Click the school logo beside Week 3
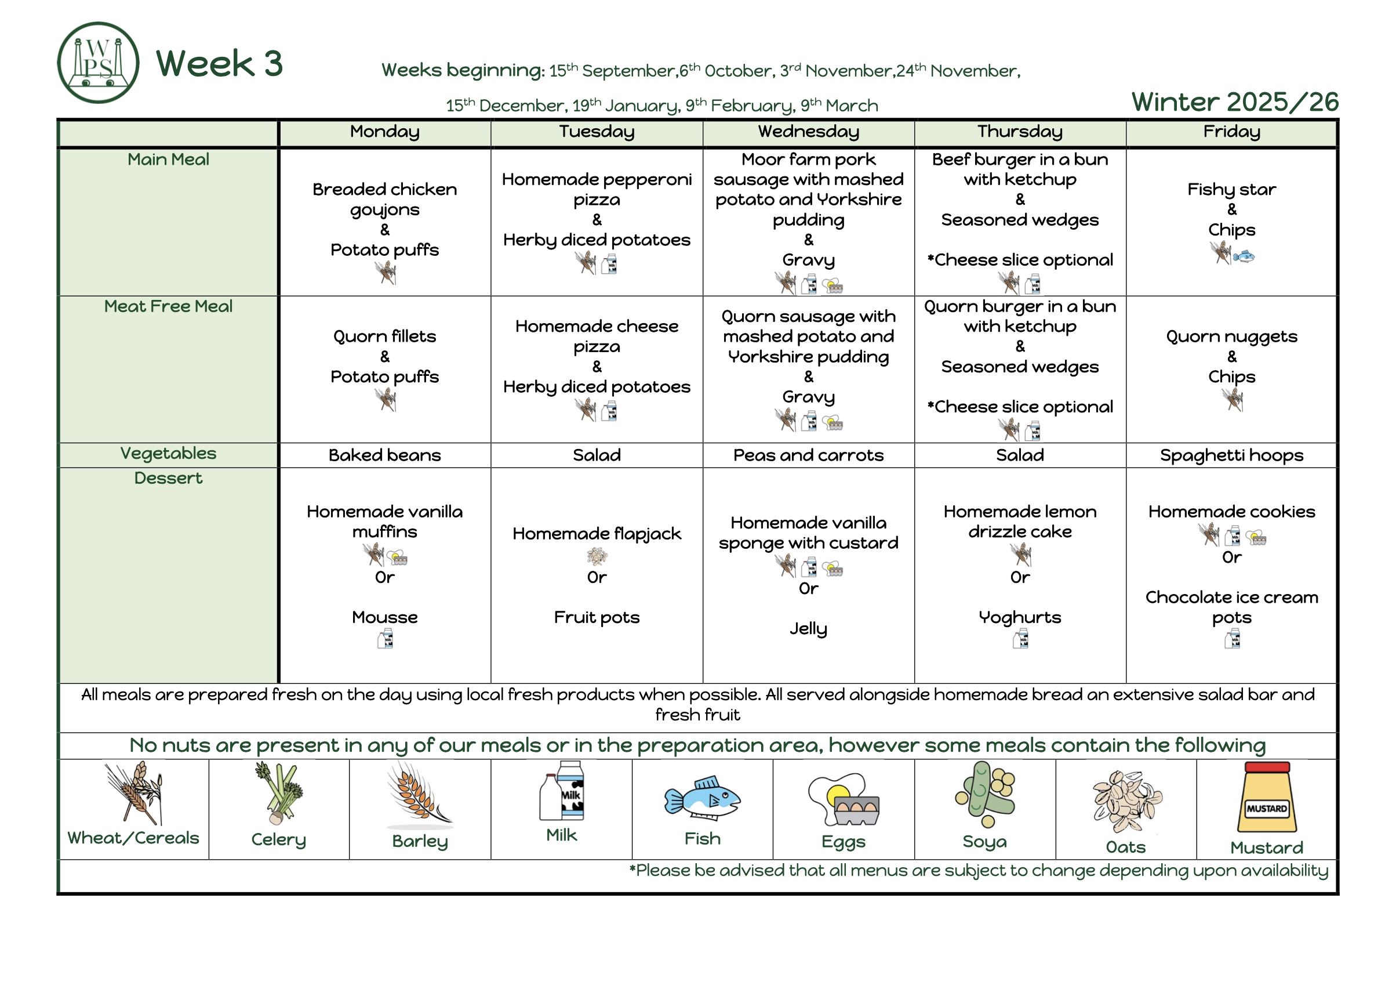98,63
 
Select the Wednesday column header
808,132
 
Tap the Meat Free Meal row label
169,306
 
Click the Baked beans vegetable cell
384,455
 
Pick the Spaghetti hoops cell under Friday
1231,455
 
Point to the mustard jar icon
1267,797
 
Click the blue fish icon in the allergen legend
702,798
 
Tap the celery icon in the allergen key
279,793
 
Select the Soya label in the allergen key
984,841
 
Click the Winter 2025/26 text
1234,102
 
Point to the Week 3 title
220,63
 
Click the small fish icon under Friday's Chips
1244,256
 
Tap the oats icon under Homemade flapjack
597,556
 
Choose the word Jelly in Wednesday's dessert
808,628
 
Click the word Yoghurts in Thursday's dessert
1020,618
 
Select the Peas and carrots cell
808,455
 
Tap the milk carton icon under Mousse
385,639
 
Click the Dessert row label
169,478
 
